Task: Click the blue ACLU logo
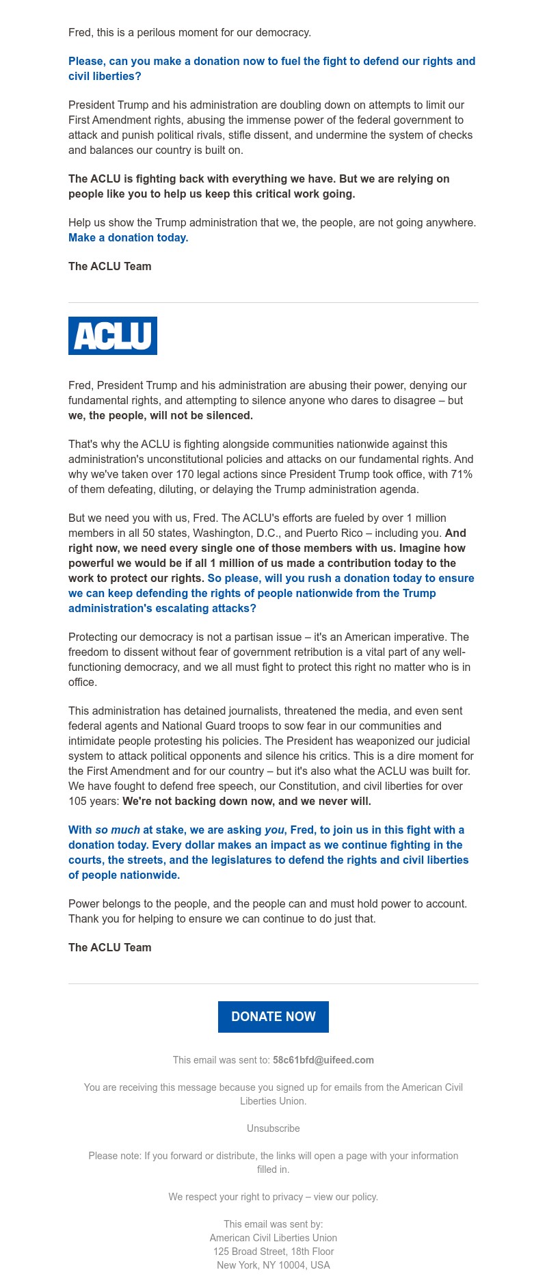[x=113, y=336]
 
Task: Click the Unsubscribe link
[x=273, y=1128]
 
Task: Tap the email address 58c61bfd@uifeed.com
[x=323, y=1060]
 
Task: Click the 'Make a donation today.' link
[x=128, y=237]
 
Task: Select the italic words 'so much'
[x=118, y=830]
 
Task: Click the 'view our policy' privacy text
[x=345, y=1197]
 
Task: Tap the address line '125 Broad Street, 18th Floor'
[x=273, y=1252]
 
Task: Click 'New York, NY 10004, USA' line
[x=273, y=1265]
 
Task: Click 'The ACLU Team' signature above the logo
[x=109, y=266]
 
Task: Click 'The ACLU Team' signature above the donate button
[x=109, y=947]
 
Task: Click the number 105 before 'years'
[x=77, y=801]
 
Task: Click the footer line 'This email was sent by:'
[x=273, y=1224]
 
